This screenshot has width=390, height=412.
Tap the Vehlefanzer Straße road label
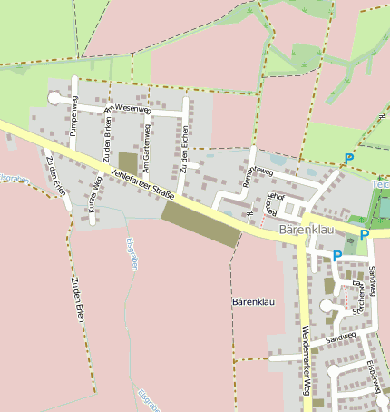click(x=141, y=180)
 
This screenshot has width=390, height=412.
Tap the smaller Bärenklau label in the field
click(x=252, y=300)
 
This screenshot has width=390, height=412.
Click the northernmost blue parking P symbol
click(x=348, y=159)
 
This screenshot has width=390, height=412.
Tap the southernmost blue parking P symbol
click(x=336, y=256)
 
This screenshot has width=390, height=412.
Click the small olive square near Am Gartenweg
click(x=128, y=162)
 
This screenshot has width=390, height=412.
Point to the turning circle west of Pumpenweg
click(x=54, y=98)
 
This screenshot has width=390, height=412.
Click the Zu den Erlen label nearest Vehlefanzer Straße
click(x=56, y=169)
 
